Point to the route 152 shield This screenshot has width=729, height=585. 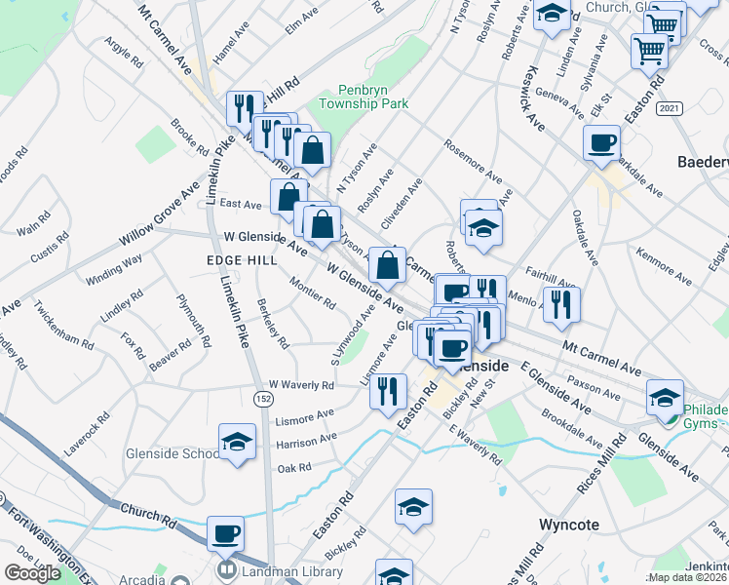(263, 398)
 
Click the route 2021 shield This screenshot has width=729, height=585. (669, 107)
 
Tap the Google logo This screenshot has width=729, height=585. (32, 573)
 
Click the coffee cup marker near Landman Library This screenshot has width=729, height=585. (226, 533)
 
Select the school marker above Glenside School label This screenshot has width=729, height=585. (238, 442)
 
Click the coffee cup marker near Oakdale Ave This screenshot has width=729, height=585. (601, 143)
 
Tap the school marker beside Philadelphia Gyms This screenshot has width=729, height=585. (665, 396)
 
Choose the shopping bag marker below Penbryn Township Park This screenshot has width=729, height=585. (313, 149)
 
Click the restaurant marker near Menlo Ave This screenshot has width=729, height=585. (562, 304)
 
